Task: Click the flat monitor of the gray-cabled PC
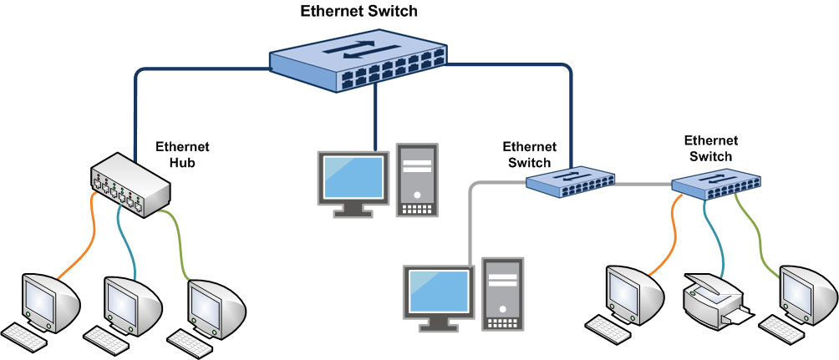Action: point(436,292)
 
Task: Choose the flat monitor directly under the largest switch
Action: point(353,179)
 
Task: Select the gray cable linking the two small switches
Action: point(643,183)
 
